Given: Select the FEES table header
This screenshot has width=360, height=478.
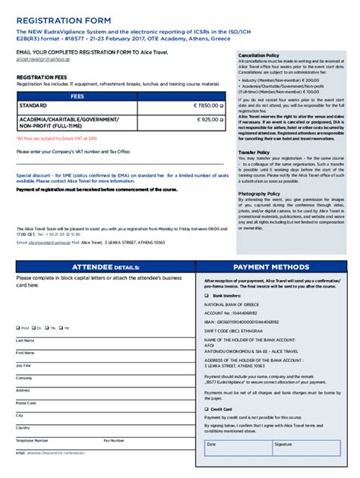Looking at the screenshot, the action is pyautogui.click(x=77, y=96).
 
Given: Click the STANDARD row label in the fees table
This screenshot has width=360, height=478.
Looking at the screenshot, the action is pyautogui.click(x=33, y=106).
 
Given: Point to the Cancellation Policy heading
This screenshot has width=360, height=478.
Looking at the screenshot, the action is pyautogui.click(x=259, y=56).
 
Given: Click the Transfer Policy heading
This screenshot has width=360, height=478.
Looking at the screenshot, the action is pyautogui.click(x=254, y=152).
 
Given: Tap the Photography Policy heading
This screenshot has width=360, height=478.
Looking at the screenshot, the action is pyautogui.click(x=259, y=193).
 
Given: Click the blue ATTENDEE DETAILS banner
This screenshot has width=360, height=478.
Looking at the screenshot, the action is pyautogui.click(x=105, y=267).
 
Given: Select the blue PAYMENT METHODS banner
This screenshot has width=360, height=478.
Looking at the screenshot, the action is pyautogui.click(x=271, y=267).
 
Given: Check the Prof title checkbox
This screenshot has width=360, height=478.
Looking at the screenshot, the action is pyautogui.click(x=18, y=328).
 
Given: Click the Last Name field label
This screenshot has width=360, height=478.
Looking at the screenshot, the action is pyautogui.click(x=25, y=340).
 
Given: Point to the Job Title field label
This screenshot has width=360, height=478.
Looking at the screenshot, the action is pyautogui.click(x=24, y=365).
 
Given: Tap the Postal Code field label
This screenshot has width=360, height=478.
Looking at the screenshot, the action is pyautogui.click(x=26, y=403).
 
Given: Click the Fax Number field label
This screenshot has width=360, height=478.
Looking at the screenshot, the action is pyautogui.click(x=115, y=440).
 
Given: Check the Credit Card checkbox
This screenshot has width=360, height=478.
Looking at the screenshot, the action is pyautogui.click(x=207, y=408).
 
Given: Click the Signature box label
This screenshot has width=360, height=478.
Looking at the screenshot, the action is pyautogui.click(x=283, y=444).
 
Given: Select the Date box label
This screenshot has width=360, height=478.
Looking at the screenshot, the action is pyautogui.click(x=212, y=444).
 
